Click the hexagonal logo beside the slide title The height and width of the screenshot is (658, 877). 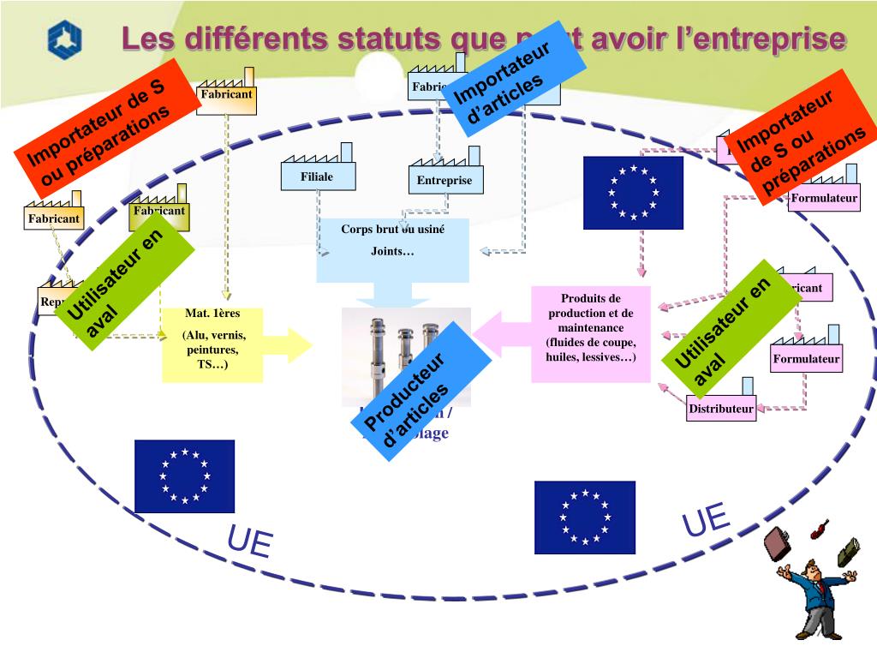64,39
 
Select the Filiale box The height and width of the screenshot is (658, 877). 317,176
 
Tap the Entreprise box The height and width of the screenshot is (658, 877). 444,180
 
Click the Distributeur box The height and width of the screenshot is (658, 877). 720,409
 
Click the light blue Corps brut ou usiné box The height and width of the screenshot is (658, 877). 392,249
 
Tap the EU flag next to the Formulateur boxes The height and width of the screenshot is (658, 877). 633,193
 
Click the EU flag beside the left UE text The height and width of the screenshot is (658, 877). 184,476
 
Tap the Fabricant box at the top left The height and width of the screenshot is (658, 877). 226,94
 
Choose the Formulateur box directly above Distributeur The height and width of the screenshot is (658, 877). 806,358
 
